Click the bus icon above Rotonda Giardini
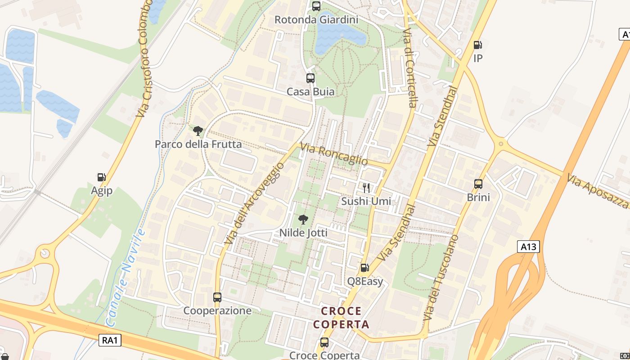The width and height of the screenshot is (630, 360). click(x=316, y=6)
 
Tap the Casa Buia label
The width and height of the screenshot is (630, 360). click(x=310, y=92)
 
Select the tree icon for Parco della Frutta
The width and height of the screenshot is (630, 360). click(x=198, y=131)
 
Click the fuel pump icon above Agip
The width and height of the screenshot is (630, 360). click(x=102, y=177)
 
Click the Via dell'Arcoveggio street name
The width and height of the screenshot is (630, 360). click(x=255, y=204)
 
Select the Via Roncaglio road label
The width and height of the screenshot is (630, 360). click(x=334, y=154)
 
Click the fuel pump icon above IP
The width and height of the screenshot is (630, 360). click(x=477, y=45)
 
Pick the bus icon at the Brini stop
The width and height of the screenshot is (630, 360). click(x=478, y=184)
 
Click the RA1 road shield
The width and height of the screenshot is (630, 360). click(x=110, y=340)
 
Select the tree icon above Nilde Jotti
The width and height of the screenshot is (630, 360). click(x=303, y=220)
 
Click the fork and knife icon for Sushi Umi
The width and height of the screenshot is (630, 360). click(x=366, y=188)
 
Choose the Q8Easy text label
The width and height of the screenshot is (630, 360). click(x=365, y=282)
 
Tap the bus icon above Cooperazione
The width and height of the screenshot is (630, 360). click(x=217, y=297)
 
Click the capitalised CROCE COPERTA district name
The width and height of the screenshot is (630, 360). click(x=341, y=318)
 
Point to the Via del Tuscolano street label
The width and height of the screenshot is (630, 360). click(x=441, y=277)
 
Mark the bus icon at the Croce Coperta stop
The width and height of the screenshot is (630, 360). click(x=324, y=342)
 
